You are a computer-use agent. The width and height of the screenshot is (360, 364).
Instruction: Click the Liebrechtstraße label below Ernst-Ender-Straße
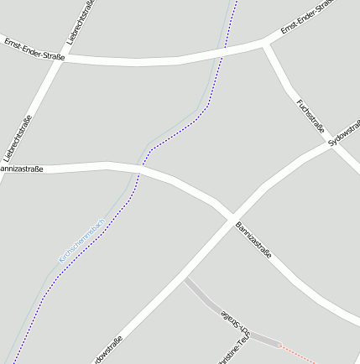[18, 138]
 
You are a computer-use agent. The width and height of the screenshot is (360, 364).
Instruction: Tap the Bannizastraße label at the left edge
[21, 169]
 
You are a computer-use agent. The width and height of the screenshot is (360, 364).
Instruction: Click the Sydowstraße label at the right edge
[345, 133]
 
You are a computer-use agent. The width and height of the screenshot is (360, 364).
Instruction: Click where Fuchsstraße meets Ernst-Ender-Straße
[266, 43]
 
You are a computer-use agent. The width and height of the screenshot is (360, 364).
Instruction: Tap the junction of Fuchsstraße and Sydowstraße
[330, 144]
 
